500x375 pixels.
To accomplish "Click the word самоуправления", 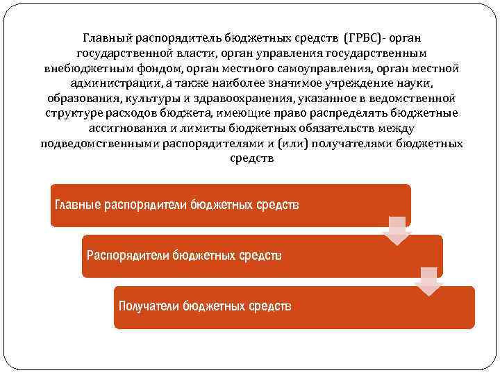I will [x=315, y=67].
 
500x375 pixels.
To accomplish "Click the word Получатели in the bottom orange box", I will [x=149, y=306].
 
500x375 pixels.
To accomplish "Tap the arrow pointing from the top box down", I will [x=397, y=230].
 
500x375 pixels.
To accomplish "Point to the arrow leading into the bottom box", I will [x=428, y=281].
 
